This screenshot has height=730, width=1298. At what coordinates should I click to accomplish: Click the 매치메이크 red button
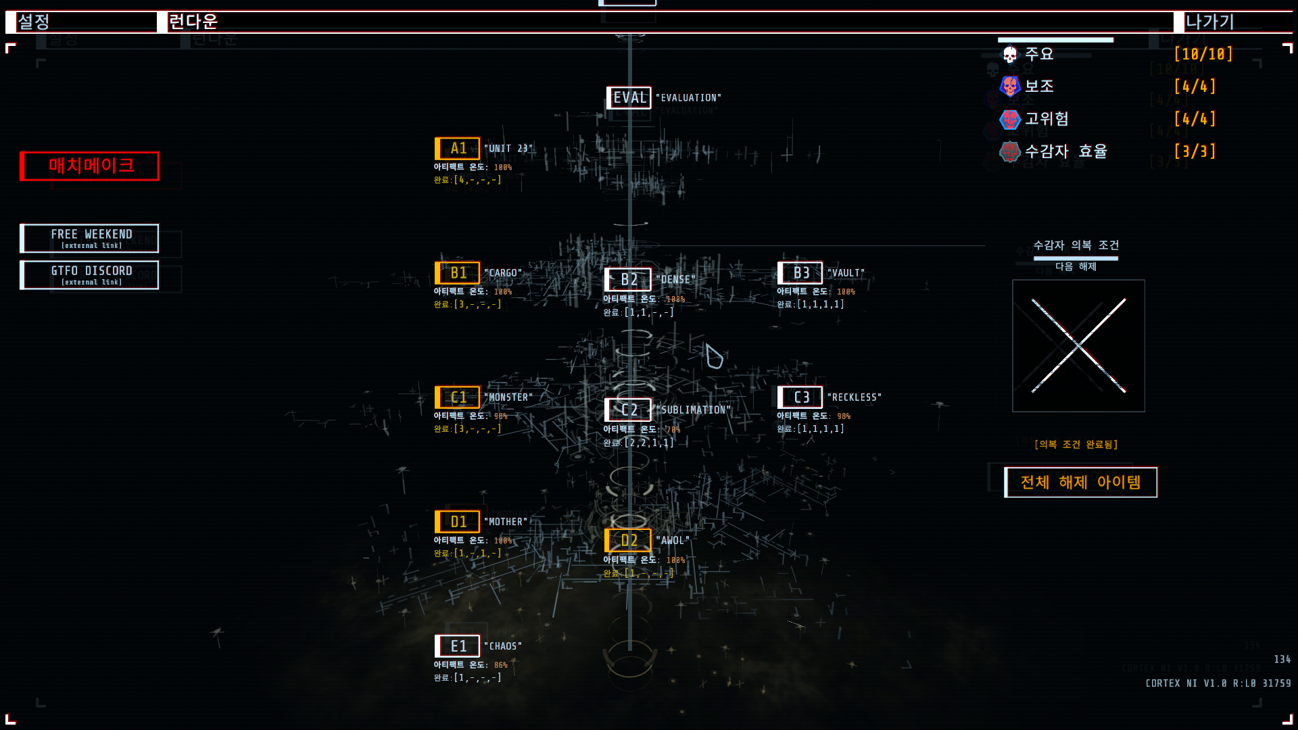90,166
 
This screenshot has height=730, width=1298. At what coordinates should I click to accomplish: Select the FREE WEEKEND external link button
90,238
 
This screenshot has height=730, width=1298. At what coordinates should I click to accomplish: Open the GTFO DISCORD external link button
90,275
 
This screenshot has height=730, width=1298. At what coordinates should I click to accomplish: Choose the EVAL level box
629,98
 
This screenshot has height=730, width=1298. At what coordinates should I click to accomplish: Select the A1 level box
458,148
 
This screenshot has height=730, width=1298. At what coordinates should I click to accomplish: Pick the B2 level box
628,279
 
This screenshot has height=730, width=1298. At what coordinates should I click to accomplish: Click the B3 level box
800,273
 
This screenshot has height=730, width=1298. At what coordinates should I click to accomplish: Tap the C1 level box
458,397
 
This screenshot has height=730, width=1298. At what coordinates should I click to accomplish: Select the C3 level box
800,397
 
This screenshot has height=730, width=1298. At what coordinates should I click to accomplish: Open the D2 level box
628,541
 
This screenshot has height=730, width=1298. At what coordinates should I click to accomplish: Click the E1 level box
458,646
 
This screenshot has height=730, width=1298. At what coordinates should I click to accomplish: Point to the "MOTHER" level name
506,522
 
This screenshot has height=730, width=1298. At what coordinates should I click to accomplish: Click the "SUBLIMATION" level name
693,410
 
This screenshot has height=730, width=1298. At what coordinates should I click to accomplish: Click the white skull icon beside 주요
1009,54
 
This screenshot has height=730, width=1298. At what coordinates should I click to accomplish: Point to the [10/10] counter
1203,54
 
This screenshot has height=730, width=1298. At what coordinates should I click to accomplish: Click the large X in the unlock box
1078,346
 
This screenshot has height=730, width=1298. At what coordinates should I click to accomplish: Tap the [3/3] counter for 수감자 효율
1195,151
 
